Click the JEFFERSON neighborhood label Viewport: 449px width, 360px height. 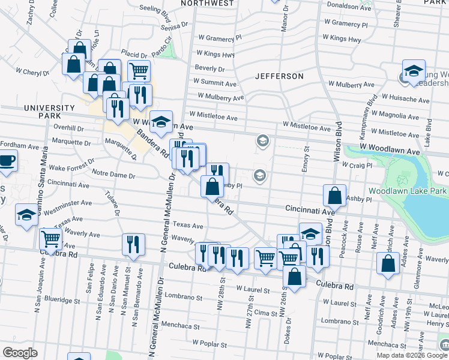(279, 77)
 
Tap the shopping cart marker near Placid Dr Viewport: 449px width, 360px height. (139, 71)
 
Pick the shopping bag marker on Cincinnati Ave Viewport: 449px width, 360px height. (334, 196)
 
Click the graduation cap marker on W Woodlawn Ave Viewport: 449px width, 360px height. (161, 122)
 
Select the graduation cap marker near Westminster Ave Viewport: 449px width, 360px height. (26, 217)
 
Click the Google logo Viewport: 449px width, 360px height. (20, 353)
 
